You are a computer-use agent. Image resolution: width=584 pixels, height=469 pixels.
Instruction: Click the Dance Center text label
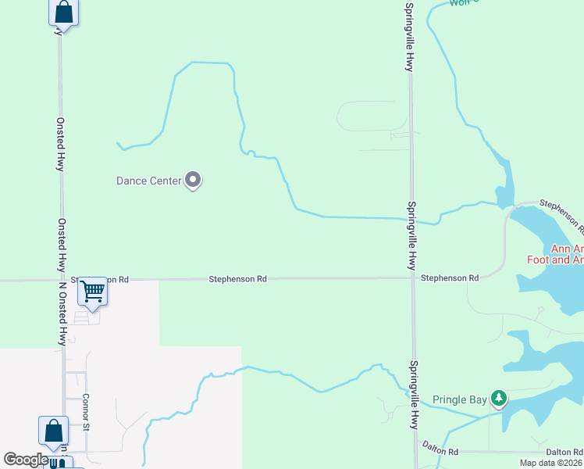coord(148,181)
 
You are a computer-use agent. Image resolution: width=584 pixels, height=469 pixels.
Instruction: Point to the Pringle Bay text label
coord(460,399)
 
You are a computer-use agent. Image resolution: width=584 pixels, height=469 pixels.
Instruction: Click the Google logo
coord(26,460)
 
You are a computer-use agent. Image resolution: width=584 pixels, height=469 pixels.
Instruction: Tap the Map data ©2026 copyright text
coord(551,463)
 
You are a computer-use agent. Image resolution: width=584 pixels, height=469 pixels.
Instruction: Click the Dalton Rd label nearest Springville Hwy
coord(441,451)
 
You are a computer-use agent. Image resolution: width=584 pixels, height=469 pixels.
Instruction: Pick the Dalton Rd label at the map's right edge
coord(564,452)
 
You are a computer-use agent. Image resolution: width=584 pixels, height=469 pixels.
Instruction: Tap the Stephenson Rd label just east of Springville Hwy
coord(449,278)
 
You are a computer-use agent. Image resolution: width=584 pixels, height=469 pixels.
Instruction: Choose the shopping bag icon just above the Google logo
coord(53,431)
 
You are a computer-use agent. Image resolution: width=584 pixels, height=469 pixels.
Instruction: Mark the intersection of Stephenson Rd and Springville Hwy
coord(412,277)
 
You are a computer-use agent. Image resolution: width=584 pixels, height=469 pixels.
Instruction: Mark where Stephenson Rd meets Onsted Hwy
coord(62,279)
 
